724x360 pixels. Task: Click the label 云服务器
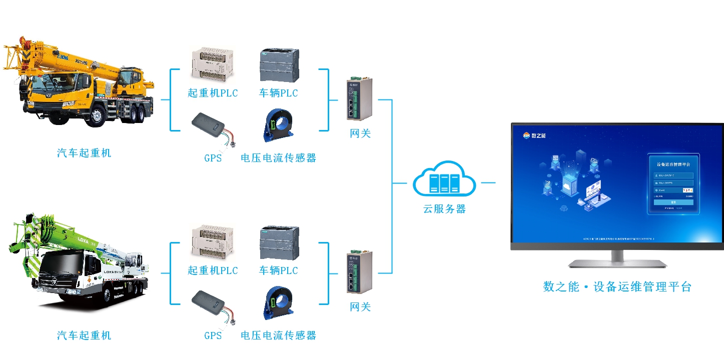[444, 209]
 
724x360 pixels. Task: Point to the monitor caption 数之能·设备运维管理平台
[617, 287]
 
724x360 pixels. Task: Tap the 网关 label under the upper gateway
[360, 133]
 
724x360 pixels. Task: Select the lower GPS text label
[213, 335]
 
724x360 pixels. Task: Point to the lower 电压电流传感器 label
[278, 335]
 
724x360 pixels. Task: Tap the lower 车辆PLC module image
[279, 242]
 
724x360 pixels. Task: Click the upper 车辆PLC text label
[278, 93]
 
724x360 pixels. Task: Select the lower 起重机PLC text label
[213, 270]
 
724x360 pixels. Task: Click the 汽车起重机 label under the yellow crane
[84, 153]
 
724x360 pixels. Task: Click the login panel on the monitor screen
[673, 183]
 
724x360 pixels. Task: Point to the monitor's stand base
[617, 263]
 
